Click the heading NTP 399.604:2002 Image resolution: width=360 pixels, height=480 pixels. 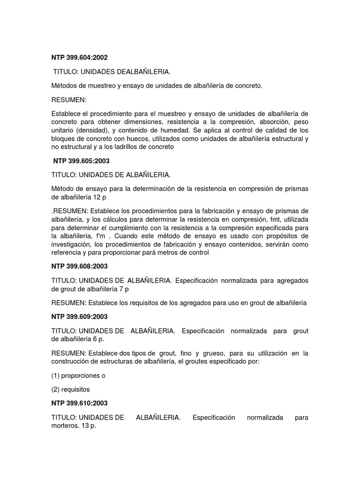[x=79, y=58]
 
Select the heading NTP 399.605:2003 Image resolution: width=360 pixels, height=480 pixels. [x=81, y=160]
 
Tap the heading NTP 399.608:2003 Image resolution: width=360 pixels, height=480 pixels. [x=79, y=266]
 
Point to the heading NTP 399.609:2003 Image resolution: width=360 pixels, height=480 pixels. [x=79, y=317]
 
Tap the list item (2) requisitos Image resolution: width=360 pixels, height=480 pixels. [x=70, y=389]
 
